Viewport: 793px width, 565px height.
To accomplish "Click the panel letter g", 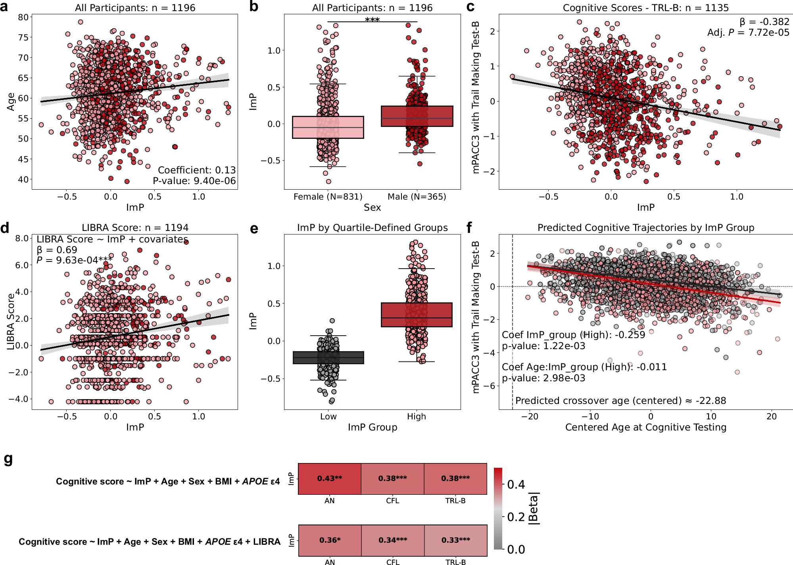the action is [8, 459].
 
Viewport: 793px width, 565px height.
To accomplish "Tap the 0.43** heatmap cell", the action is [330, 479].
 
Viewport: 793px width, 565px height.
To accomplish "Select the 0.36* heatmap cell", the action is [330, 540].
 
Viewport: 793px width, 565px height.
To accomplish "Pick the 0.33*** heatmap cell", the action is [456, 540].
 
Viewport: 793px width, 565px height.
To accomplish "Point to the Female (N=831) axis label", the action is [328, 197].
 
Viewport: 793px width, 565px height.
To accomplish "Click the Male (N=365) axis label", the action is [417, 197].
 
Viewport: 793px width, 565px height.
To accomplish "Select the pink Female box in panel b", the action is [328, 127].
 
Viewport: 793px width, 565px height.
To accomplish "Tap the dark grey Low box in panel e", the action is [328, 357].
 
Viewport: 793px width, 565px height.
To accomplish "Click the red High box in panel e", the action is [417, 315].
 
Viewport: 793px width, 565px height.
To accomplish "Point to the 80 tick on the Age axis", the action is [23, 17].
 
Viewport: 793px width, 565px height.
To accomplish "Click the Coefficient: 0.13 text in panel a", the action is [197, 170].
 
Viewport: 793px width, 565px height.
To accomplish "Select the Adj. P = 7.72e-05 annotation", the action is [748, 33].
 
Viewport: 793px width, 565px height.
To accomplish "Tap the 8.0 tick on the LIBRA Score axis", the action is [22, 238].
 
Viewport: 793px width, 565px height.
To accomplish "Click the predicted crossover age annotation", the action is [620, 401].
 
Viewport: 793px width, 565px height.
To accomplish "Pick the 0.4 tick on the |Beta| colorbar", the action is [516, 484].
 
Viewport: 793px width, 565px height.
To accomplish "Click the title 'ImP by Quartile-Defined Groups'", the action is [372, 228].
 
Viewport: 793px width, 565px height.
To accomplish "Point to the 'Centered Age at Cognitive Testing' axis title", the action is [646, 427].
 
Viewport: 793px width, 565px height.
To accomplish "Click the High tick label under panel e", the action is [417, 417].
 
